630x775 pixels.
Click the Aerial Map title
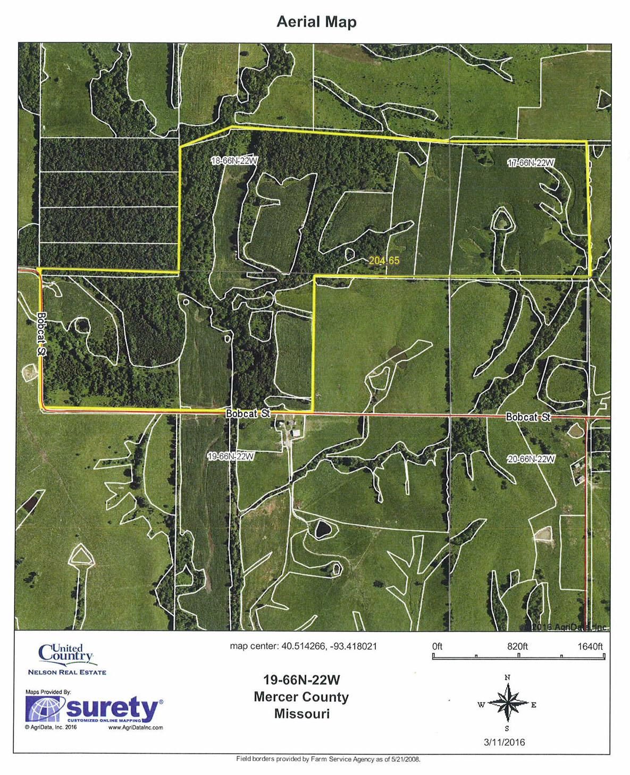pyautogui.click(x=316, y=22)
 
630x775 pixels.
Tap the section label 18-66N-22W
pyautogui.click(x=234, y=161)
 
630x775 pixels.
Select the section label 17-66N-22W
pyautogui.click(x=531, y=163)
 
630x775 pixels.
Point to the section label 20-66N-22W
pyautogui.click(x=531, y=459)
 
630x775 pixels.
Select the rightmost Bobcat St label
pyautogui.click(x=527, y=418)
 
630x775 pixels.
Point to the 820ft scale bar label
pyautogui.click(x=517, y=646)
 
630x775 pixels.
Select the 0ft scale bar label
pyautogui.click(x=437, y=646)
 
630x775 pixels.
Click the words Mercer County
pyautogui.click(x=302, y=697)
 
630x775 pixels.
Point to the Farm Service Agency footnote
pyautogui.click(x=328, y=759)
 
